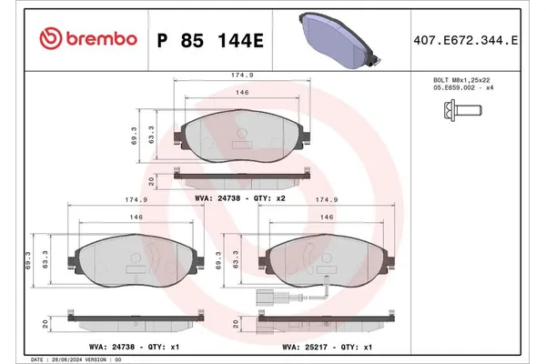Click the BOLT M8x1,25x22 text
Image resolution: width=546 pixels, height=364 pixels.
point(466,81)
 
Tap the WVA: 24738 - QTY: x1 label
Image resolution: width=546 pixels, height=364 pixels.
point(126,346)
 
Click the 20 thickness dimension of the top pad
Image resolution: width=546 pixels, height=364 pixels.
point(152,179)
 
